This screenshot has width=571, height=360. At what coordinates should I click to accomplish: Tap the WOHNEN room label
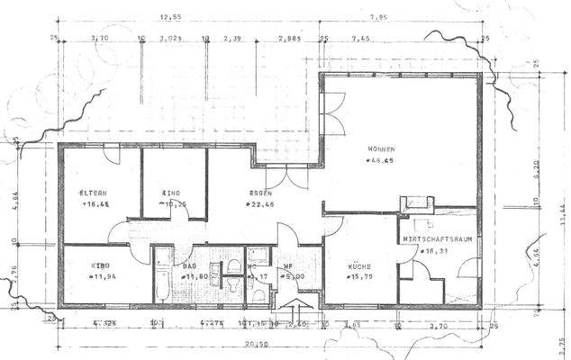click(x=382, y=148)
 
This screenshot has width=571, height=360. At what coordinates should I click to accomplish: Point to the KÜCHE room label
click(x=361, y=266)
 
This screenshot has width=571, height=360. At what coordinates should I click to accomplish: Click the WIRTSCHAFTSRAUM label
click(x=439, y=239)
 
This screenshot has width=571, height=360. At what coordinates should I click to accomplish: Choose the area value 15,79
click(x=363, y=277)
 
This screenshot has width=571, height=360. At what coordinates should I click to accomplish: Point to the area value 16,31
click(x=438, y=251)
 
